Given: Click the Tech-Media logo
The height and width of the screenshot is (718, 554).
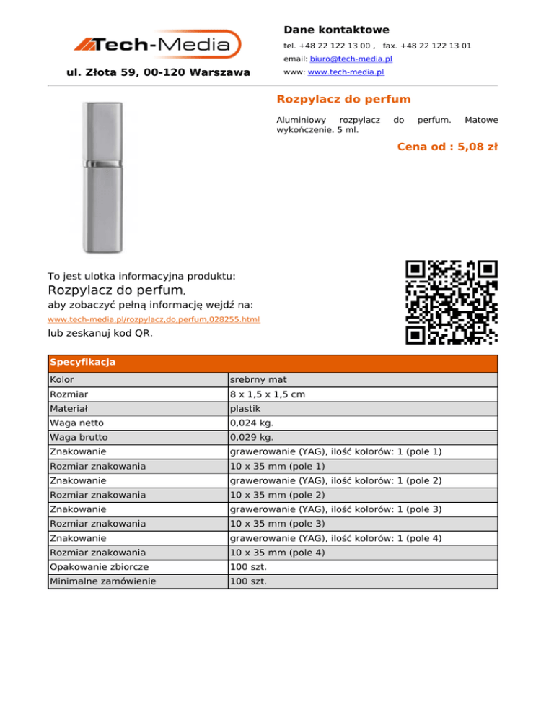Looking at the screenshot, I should [x=157, y=45].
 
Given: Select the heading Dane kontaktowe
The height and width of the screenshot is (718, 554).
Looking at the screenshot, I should [x=336, y=30].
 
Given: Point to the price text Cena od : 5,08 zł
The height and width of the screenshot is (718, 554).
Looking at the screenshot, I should [x=447, y=147].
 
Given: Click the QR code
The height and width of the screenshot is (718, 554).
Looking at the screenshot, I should [x=452, y=302].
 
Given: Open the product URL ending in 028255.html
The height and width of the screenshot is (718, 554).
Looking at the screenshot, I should [x=154, y=319].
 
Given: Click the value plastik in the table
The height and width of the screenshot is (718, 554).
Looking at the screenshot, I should [x=245, y=409].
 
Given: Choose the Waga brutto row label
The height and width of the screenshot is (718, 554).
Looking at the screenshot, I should [x=77, y=438].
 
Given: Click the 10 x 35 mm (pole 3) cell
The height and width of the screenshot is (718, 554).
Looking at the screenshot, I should [x=277, y=523].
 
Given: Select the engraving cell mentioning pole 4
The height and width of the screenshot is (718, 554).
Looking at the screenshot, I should [x=335, y=538].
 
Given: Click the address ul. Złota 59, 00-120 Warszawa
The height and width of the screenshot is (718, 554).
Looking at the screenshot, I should [x=158, y=72].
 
